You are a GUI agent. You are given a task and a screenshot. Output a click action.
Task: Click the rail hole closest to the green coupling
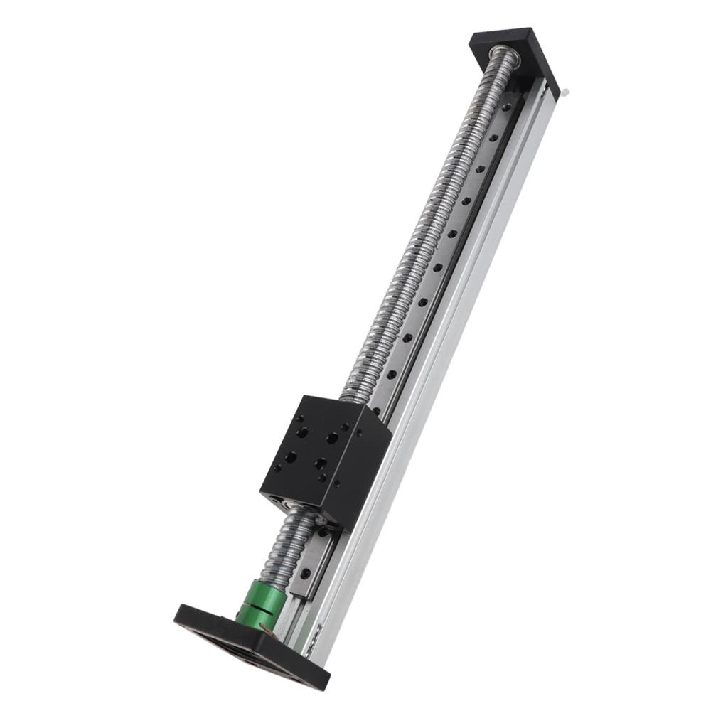coord(305,573)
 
